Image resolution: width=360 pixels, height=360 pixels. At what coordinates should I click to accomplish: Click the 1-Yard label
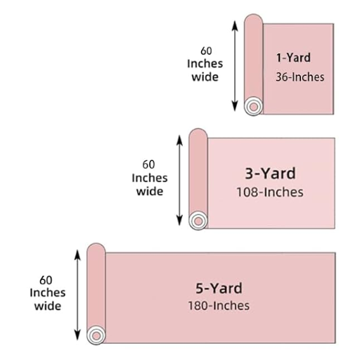[x=293, y=58]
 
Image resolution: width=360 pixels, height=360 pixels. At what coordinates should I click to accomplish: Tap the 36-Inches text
[x=300, y=77]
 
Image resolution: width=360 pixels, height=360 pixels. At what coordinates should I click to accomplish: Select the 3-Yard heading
[x=270, y=174]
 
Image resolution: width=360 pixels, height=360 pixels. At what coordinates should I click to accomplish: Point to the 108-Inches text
[x=270, y=192]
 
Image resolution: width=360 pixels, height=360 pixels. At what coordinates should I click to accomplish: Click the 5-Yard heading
[x=219, y=288]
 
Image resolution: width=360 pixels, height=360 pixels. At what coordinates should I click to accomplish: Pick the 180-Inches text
[x=219, y=306]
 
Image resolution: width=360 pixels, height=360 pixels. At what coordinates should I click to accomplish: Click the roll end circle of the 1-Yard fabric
[x=253, y=107]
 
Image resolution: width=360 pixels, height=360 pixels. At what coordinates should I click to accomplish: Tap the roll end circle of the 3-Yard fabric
[x=198, y=221]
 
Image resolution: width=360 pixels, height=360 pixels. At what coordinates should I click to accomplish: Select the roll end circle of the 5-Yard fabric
[x=96, y=335]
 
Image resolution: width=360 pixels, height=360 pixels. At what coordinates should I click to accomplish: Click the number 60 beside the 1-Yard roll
[x=206, y=51]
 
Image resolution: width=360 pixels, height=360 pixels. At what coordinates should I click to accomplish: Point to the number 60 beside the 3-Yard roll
[x=148, y=165]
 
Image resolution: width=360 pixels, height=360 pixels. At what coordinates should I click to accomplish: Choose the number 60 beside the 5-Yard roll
[x=46, y=280]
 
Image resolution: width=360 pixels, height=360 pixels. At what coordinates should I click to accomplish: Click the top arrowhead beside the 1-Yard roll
[x=235, y=26]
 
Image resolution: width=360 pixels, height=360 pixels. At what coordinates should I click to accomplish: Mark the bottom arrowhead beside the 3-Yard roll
[x=179, y=221]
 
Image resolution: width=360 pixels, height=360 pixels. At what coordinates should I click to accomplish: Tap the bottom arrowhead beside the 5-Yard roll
[x=77, y=335]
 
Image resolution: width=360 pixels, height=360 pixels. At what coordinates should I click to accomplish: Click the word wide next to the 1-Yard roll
[x=205, y=77]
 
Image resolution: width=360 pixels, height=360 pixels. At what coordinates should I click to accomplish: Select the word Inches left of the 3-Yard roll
[x=150, y=178]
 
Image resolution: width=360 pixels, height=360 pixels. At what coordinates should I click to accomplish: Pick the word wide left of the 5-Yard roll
[x=48, y=306]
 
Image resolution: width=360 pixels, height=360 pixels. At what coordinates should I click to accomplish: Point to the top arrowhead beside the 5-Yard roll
[x=77, y=255]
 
